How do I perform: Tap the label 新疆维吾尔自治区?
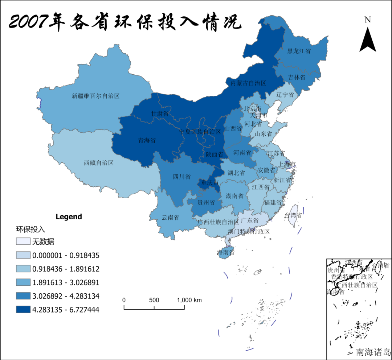pos(95,96)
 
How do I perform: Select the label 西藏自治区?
pos(99,163)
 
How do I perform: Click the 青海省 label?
pos(147,140)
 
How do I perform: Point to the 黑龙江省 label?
pos(299,51)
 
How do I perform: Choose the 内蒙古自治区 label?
pos(249,83)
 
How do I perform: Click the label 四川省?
pos(181,177)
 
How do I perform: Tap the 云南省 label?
pos(170,218)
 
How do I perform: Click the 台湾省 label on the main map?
pos(294,215)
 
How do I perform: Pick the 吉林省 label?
pos(297,77)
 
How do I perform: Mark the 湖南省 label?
pos(234,196)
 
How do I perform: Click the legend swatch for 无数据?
pos(23,241)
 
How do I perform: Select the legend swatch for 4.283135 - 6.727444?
pos(23,310)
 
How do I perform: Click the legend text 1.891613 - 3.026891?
pos(66,282)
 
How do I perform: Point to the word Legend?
pos(69,217)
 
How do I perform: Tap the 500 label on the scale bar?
pos(154,300)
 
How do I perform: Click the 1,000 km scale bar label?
pos(189,300)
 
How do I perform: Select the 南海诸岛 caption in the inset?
pos(373,352)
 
